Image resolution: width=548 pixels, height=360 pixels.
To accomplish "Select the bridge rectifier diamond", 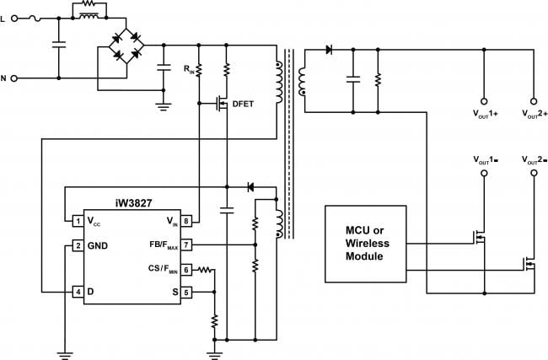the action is click(x=126, y=46).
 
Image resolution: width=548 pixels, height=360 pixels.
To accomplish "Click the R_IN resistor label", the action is click(x=189, y=69).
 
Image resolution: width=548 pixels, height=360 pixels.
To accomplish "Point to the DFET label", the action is click(x=243, y=104).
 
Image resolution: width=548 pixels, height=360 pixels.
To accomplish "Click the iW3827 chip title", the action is click(x=133, y=203).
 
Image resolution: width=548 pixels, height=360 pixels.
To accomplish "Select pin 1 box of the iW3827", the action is click(x=78, y=221).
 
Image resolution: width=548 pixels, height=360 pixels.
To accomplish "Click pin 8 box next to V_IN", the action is click(x=186, y=221).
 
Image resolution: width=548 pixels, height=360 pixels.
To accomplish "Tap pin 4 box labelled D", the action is click(x=78, y=292).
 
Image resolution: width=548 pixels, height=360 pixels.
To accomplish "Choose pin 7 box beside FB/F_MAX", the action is click(x=186, y=244).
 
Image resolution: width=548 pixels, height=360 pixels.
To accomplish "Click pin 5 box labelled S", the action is click(x=186, y=292).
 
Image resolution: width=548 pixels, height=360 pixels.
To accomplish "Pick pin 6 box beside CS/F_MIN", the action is click(x=186, y=270).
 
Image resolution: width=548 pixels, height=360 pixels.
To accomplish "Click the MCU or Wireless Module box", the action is click(x=366, y=244).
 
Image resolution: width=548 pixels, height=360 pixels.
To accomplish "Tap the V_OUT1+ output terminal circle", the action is click(x=484, y=101).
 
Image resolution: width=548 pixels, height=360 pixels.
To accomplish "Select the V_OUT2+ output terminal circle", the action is click(x=534, y=101).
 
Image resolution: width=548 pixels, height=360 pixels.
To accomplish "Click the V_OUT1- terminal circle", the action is click(x=484, y=173).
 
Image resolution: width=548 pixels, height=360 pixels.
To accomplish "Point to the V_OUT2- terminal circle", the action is click(x=534, y=173).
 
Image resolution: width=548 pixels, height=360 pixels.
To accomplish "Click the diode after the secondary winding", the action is click(x=329, y=50).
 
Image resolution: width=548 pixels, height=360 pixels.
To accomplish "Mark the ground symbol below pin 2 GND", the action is click(x=65, y=355).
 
